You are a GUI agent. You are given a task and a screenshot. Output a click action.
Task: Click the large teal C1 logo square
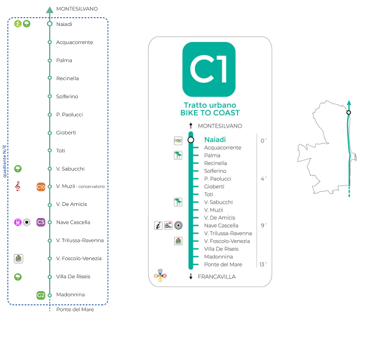click(x=209, y=69)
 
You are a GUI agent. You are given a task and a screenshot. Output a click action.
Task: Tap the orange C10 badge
click(x=41, y=187)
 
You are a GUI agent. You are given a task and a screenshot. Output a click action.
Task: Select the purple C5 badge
click(x=41, y=223)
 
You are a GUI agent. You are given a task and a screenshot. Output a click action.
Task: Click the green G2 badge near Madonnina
click(x=41, y=295)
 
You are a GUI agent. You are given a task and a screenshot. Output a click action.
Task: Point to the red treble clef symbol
click(x=18, y=187)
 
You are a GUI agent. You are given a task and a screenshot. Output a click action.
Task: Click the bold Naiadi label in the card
click(x=216, y=140)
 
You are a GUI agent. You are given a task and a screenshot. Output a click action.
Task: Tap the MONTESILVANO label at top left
click(x=77, y=9)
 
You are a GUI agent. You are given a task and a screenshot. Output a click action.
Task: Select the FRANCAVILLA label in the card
click(x=216, y=277)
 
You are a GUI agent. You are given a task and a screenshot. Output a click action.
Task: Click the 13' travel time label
click(x=263, y=264)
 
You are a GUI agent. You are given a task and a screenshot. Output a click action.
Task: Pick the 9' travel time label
click(x=263, y=225)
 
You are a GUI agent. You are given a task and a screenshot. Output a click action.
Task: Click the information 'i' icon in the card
click(x=158, y=225)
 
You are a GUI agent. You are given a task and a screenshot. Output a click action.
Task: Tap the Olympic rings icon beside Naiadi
click(x=178, y=140)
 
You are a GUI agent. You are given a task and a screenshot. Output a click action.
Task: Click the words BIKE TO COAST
click(x=210, y=113)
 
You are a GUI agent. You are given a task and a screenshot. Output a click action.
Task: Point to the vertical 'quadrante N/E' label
click(x=5, y=160)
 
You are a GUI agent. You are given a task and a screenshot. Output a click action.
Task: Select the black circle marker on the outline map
click(x=349, y=113)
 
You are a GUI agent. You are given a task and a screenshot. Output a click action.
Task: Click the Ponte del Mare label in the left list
click(x=75, y=309)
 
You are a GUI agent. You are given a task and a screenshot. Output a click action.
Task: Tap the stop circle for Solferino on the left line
click(x=50, y=97)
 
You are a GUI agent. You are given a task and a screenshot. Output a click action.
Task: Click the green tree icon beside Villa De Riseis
click(x=18, y=277)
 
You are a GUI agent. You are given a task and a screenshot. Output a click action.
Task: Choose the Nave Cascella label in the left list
click(x=73, y=223)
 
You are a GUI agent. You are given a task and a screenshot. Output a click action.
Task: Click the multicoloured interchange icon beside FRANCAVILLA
click(x=160, y=276)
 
